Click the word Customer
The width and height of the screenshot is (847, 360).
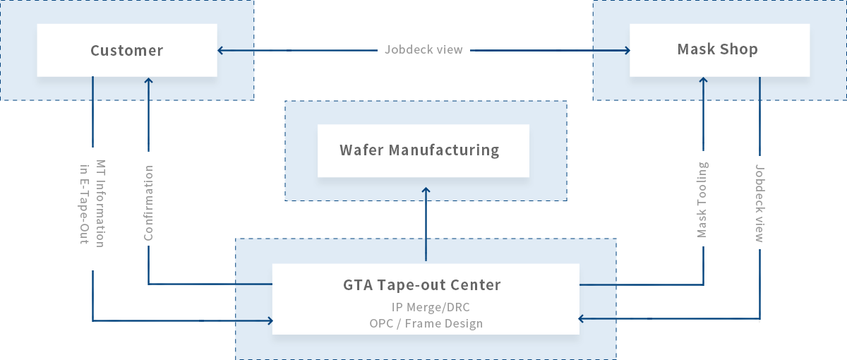[x=126, y=51]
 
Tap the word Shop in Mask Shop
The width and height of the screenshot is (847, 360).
[x=739, y=49]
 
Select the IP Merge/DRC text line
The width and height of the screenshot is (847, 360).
[x=431, y=308]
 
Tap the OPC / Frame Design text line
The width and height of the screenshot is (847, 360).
[x=426, y=324]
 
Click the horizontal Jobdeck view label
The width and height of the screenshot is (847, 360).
[x=424, y=50]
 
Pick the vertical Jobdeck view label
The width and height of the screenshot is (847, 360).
[x=759, y=204]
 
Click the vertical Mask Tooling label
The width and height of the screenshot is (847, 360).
[x=702, y=200]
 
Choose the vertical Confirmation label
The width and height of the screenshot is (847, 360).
[x=148, y=203]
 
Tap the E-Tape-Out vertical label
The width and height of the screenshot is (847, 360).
[x=85, y=204]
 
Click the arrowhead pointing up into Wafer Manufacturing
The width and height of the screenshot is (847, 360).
[x=426, y=191]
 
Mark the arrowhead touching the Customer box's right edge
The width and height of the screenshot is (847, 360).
[x=221, y=51]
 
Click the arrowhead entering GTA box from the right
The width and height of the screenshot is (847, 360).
[x=582, y=319]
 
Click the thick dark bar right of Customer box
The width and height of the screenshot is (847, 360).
[x=272, y=51]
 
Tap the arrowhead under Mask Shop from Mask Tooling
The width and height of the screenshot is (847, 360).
[x=703, y=81]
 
